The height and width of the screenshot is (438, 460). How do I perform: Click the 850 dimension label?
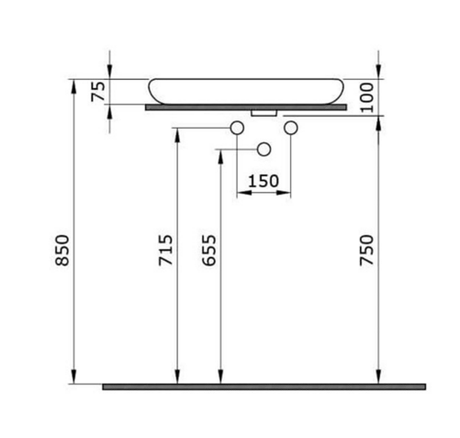tap(62, 250)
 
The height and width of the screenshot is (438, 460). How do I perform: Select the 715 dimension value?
tap(165, 250)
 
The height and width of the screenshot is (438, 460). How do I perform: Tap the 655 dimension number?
tap(209, 250)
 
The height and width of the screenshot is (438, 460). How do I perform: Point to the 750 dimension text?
tap(366, 250)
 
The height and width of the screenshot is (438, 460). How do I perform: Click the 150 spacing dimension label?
tap(264, 181)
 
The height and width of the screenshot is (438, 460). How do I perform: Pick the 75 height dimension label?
tap(98, 92)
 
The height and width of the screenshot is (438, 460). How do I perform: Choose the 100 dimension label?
tap(366, 97)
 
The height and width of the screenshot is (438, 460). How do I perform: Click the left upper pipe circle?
tap(237, 128)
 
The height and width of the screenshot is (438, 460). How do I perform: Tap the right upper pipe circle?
tap(291, 128)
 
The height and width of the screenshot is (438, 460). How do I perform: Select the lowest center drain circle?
tap(264, 150)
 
